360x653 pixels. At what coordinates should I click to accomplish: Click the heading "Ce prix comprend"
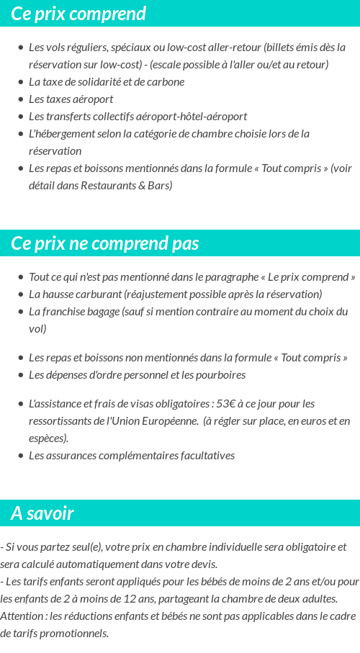tap(78, 14)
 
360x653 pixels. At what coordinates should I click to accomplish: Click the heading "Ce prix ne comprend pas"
tap(104, 243)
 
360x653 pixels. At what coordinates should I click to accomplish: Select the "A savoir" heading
tap(42, 513)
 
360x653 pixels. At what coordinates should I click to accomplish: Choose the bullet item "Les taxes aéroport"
tap(71, 99)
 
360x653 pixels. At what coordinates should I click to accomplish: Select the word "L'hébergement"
tap(60, 134)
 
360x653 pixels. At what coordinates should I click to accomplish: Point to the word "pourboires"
tap(220, 375)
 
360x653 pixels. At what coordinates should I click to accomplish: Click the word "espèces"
tap(48, 438)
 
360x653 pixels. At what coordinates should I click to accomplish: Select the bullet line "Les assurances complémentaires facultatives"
tap(131, 456)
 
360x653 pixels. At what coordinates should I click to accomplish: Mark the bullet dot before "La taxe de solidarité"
tap(21, 82)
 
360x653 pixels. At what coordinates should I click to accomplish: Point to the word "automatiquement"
tap(102, 564)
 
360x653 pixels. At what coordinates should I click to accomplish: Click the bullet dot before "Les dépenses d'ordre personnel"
tap(21, 375)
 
